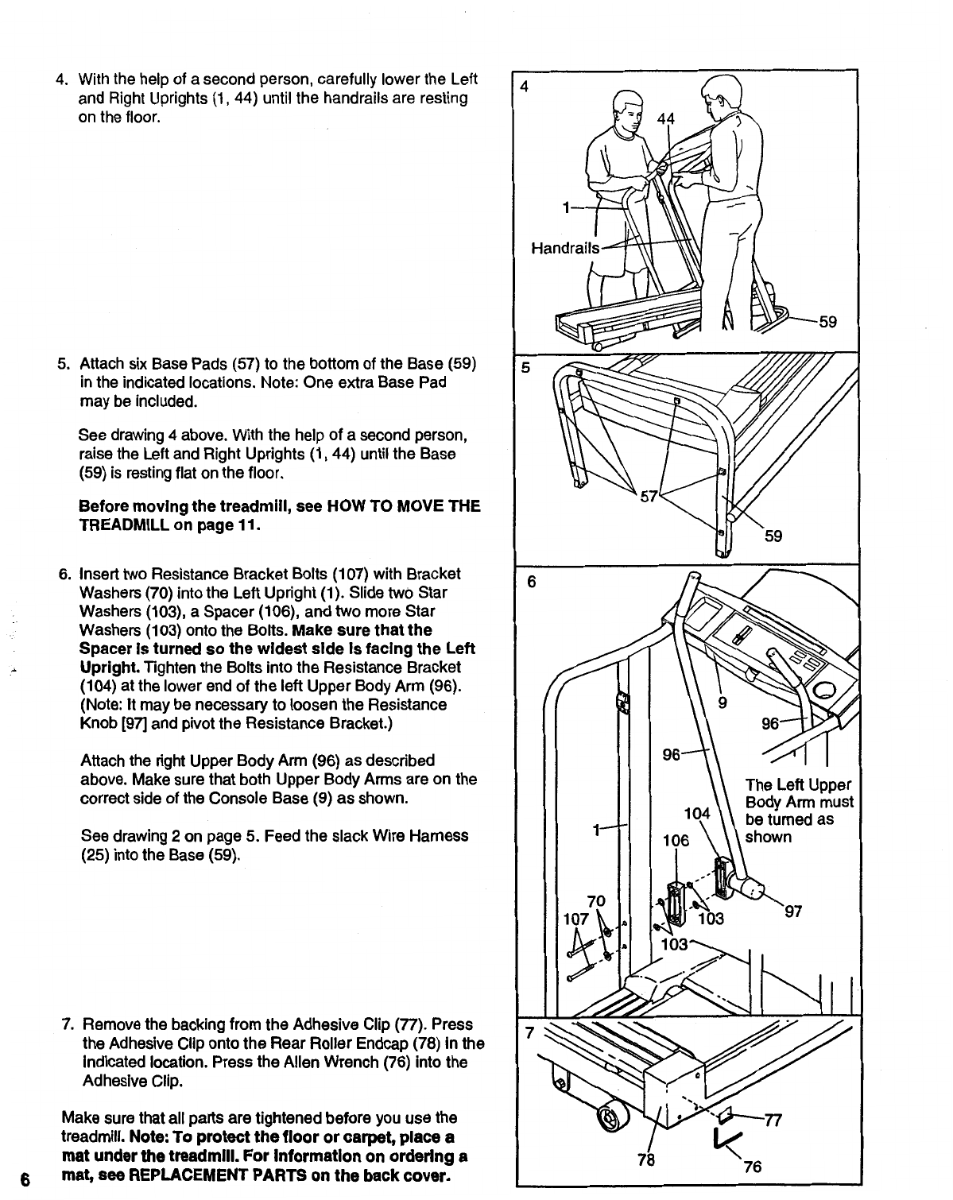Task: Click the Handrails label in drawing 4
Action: coord(565,247)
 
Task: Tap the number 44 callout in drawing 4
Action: coord(666,118)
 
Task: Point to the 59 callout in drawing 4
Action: coord(827,322)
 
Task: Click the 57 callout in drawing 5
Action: coord(649,497)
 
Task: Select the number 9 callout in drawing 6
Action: coord(722,702)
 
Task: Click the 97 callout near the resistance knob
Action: coord(794,912)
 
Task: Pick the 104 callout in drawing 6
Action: coord(696,813)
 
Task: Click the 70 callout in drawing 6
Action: coord(596,901)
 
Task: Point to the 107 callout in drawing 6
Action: coord(575,919)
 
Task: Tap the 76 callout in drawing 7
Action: coord(753,1167)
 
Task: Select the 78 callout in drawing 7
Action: coord(646,1159)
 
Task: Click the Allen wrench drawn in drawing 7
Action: coord(726,1140)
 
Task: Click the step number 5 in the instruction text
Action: coord(61,364)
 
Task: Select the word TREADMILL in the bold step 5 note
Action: coord(120,525)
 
